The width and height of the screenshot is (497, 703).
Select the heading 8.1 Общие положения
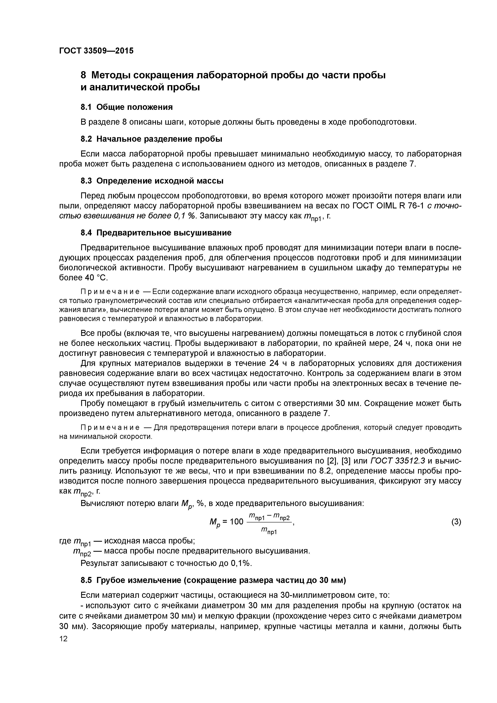click(x=126, y=107)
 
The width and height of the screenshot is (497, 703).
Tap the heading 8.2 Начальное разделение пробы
click(x=151, y=139)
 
